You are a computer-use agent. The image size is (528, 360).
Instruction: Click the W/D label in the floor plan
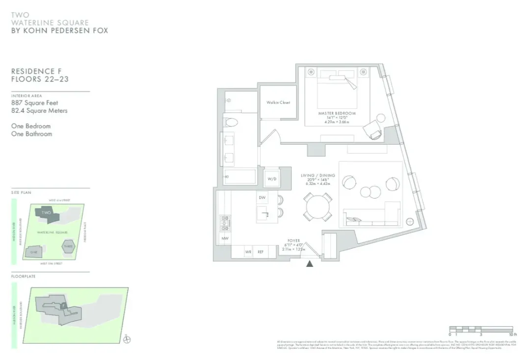point(272,179)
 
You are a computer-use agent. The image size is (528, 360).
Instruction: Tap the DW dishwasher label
point(262,198)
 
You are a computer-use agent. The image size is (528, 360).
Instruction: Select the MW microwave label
point(225,238)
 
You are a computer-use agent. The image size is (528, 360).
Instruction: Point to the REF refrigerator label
point(260,252)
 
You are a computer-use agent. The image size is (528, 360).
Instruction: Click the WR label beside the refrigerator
point(248,252)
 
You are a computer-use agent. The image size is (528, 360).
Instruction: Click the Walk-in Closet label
point(278,103)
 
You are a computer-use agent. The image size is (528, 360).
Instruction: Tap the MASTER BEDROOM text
point(336,113)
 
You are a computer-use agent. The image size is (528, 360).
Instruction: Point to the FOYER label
point(293,241)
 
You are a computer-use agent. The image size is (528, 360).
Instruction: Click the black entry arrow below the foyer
point(310,264)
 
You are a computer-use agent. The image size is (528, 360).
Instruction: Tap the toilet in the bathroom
point(230,121)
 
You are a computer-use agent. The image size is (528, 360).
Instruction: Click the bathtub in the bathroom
point(239,177)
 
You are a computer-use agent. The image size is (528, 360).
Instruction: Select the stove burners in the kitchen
point(225,223)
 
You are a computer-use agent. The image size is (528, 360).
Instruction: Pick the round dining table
point(317,206)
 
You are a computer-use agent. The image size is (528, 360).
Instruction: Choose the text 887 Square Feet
point(34,103)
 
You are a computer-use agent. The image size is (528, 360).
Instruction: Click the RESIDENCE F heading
point(37,72)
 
